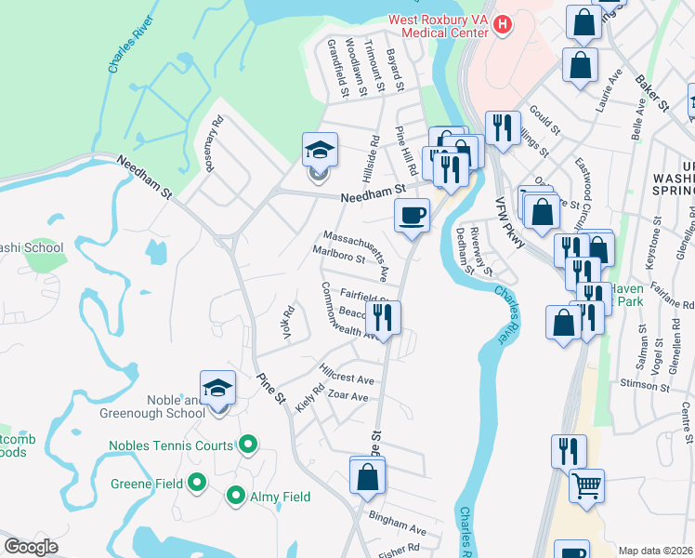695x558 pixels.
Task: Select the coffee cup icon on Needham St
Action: (x=412, y=216)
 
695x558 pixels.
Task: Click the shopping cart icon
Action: (x=586, y=485)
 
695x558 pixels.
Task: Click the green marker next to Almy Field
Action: (x=236, y=497)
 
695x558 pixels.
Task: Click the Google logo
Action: (x=31, y=547)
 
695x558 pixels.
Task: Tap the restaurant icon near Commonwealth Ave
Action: (x=382, y=317)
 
